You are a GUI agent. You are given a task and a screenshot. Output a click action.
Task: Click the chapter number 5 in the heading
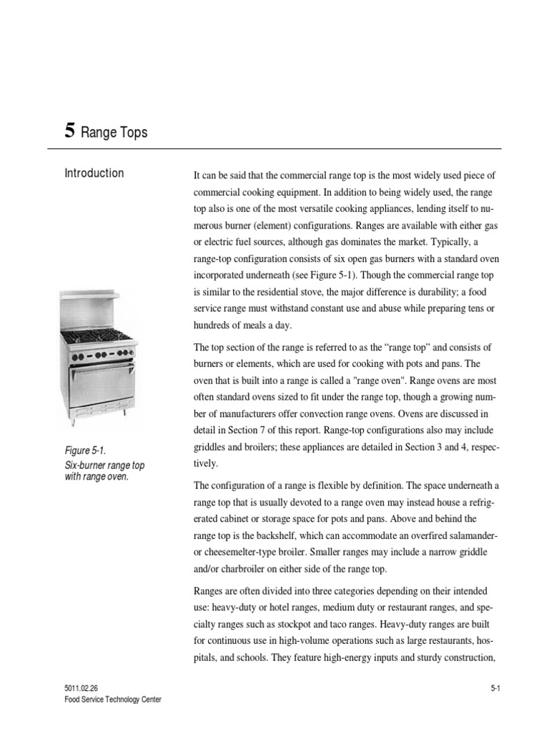pyautogui.click(x=69, y=131)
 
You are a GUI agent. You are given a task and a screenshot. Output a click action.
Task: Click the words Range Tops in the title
pyautogui.click(x=114, y=132)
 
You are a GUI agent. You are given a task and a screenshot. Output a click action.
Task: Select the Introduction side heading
pyautogui.click(x=94, y=173)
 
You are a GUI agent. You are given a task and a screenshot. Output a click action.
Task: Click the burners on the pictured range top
pyautogui.click(x=99, y=336)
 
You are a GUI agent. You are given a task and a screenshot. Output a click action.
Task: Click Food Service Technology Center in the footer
pyautogui.click(x=112, y=700)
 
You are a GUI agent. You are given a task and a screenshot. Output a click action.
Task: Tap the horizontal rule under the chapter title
pyautogui.click(x=274, y=148)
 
